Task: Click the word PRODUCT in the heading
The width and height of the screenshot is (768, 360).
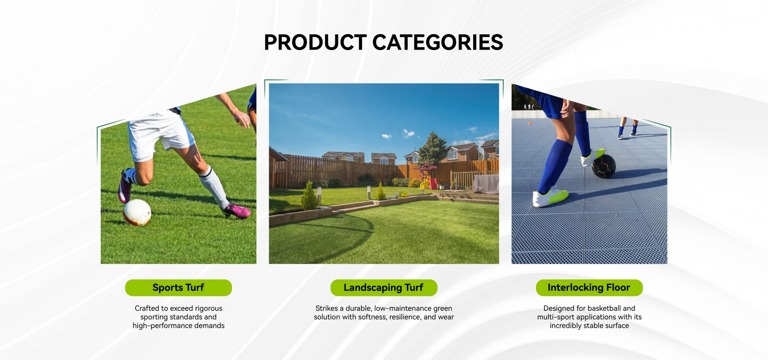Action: pos(315,42)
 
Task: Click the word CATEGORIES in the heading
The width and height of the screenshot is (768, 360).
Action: pos(438,42)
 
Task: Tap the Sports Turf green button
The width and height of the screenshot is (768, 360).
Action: pos(178,288)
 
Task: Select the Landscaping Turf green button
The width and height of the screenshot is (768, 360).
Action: pos(384,288)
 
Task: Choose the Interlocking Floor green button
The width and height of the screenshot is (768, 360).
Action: pos(589,288)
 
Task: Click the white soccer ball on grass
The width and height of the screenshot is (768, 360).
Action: pos(137,212)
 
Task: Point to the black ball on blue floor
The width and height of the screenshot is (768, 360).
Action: pos(604,166)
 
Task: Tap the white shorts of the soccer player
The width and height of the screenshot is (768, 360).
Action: pos(159,134)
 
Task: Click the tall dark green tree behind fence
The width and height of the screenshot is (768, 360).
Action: pos(433,148)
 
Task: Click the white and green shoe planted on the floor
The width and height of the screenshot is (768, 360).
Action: pos(550,197)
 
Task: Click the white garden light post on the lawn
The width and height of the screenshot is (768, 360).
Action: pos(368,192)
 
